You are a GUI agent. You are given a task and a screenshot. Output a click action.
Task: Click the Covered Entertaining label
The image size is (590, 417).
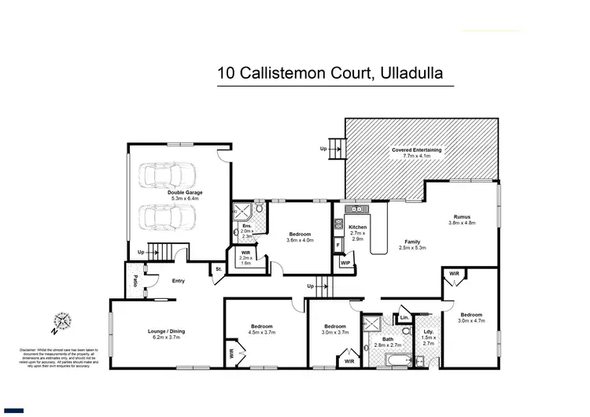click(416, 149)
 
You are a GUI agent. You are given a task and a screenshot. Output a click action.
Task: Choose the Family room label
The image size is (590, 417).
click(412, 242)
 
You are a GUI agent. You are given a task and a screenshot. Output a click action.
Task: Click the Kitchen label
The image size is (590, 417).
click(357, 227)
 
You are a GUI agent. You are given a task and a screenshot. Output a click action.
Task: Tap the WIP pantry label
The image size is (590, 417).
click(345, 263)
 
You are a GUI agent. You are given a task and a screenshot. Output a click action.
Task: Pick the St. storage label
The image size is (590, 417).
click(217, 270)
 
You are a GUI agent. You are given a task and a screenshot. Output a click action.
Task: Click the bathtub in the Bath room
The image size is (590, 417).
click(386, 361)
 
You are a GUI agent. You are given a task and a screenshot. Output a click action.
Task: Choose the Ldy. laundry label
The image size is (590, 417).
click(429, 331)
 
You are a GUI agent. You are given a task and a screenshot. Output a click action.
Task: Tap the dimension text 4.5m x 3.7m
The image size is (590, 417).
click(262, 333)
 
